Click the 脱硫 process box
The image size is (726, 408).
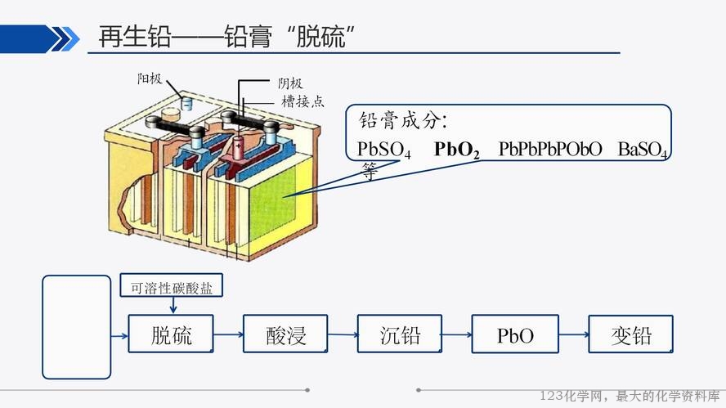170,334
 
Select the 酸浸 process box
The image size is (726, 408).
285,334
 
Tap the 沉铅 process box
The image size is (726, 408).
400,334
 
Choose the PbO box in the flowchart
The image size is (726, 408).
515,334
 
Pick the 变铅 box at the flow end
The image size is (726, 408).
630,334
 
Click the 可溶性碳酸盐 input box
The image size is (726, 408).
172,285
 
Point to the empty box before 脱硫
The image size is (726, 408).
76,327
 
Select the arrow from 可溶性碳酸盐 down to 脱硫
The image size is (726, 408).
173,305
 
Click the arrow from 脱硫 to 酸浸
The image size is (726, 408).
228,334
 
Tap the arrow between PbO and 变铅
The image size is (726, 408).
574,334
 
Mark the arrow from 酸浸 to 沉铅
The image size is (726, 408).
343,334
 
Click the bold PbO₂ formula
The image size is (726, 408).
456,150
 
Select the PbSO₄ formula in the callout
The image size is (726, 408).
383,150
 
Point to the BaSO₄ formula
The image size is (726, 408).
643,150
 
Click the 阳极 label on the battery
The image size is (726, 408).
150,78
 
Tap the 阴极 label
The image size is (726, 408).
290,83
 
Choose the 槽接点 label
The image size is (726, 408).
302,101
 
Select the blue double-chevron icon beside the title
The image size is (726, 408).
65,39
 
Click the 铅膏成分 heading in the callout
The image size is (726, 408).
403,121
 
